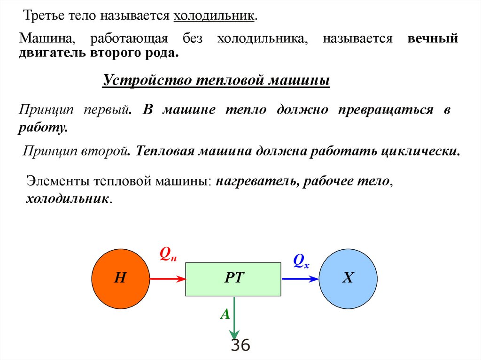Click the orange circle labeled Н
point(120,278)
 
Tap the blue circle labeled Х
point(348,278)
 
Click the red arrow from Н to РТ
point(168,278)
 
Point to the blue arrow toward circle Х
point(300,278)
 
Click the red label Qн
point(168,255)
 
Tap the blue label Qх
point(301,260)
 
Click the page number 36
point(240,346)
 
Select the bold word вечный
point(433,38)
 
